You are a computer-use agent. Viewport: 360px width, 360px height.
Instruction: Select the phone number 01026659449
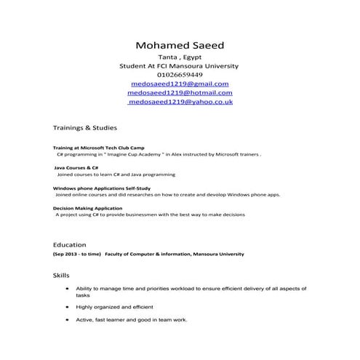[180, 75]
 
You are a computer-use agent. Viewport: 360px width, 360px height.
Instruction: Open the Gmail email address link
[180, 84]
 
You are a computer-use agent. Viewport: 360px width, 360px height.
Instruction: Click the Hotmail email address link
[180, 93]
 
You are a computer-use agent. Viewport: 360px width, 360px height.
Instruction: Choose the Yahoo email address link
[180, 103]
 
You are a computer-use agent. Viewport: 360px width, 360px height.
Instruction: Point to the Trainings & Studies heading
[84, 127]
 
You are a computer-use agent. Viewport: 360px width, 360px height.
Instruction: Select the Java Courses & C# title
[76, 168]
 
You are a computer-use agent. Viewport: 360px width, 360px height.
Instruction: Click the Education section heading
[70, 245]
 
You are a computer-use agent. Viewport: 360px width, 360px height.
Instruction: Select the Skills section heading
[62, 276]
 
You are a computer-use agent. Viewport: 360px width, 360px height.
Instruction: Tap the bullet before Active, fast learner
[67, 319]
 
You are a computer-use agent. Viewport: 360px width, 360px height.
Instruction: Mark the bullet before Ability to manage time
[67, 289]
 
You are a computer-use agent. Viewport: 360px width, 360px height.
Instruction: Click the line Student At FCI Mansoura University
[179, 66]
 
